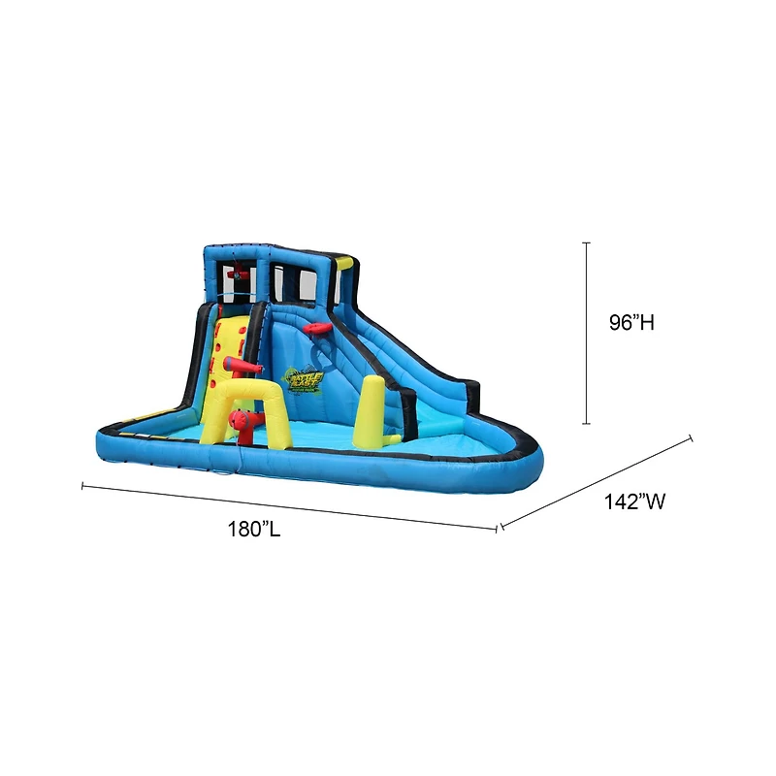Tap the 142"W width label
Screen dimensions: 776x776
point(633,501)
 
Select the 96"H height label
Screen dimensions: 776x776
point(631,323)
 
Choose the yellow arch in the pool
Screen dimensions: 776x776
point(248,398)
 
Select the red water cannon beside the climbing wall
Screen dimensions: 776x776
point(243,366)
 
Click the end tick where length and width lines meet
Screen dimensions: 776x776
point(499,528)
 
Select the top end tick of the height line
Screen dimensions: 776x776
point(587,242)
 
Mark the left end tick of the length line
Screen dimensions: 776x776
point(83,485)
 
